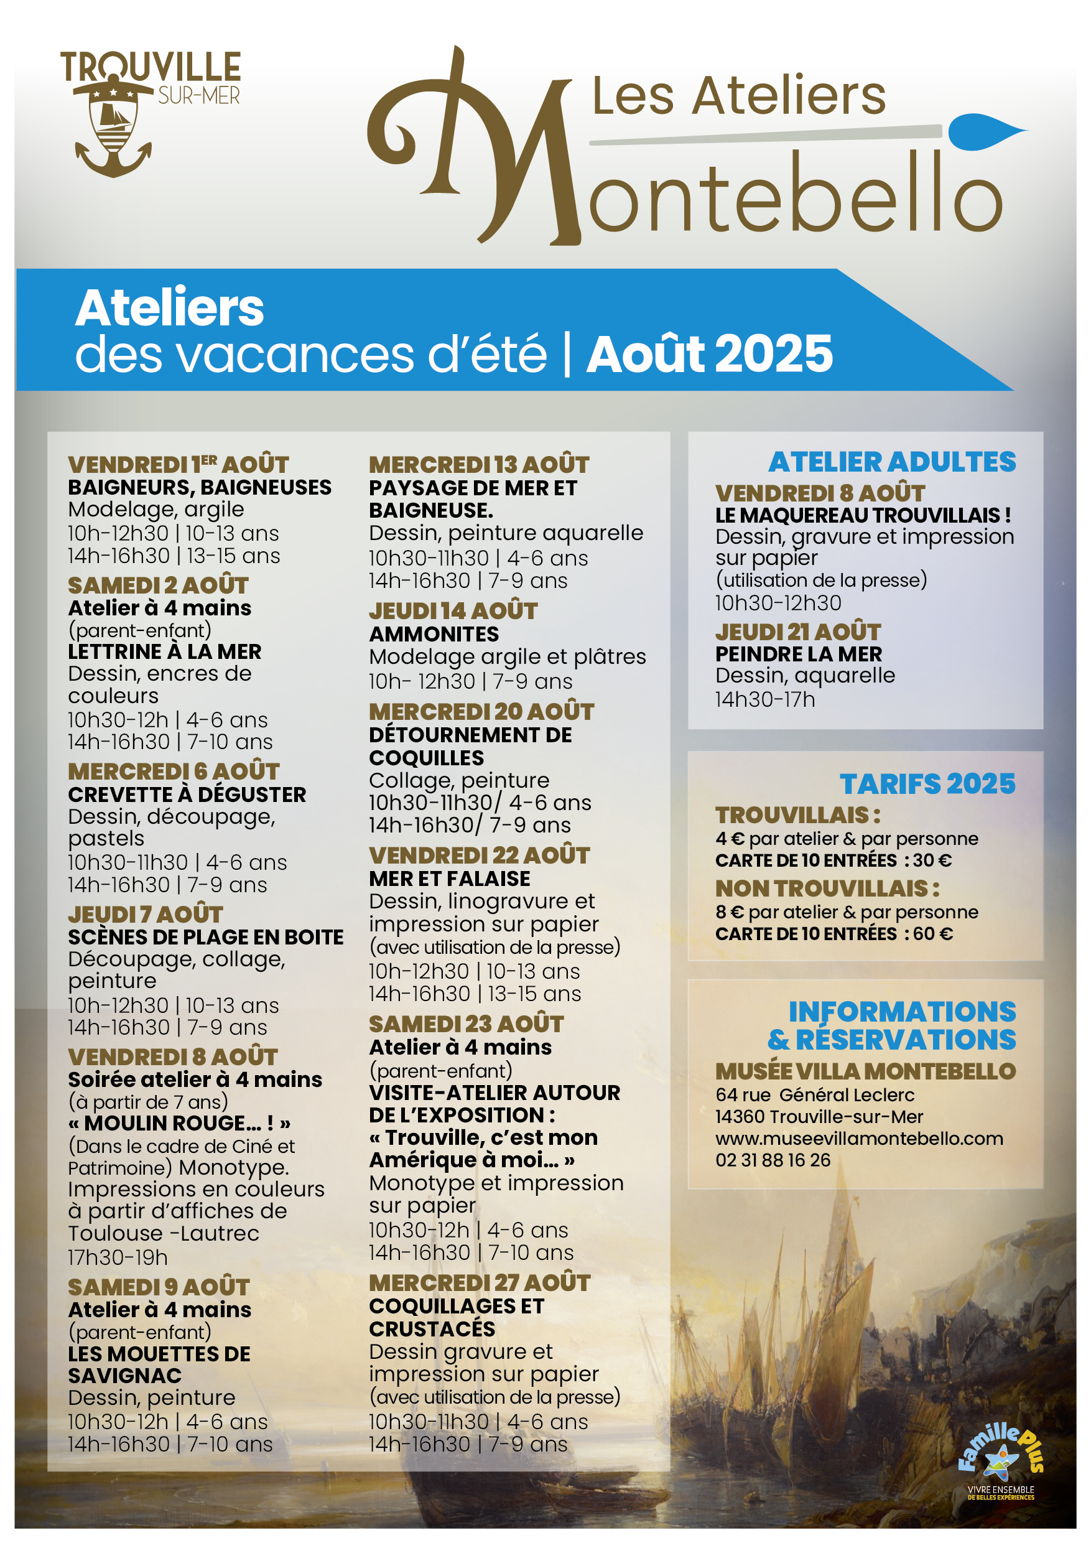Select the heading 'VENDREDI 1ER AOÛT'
(178, 464)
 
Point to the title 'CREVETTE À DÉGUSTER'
(187, 795)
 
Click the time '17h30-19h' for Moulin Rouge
(118, 1257)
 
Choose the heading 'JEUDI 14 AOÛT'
(453, 611)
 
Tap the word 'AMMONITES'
(434, 634)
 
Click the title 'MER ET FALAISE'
(450, 879)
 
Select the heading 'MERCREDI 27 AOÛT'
(480, 1283)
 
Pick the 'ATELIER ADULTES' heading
(892, 462)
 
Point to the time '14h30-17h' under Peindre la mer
(764, 699)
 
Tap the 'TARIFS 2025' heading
(927, 783)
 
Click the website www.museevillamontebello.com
(859, 1139)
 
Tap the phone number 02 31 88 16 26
(773, 1160)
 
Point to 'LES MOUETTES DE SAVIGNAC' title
(159, 1364)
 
